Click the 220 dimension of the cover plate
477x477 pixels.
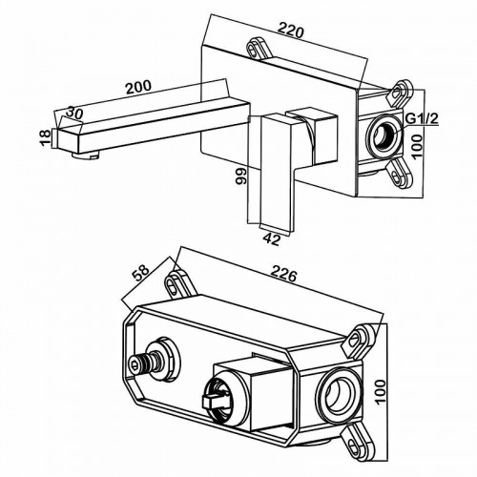coord(291,31)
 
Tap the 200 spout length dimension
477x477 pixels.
coord(138,87)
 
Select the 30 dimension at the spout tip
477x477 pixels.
coord(74,113)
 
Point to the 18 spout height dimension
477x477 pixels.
coord(46,137)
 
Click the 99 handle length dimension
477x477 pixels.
coord(240,176)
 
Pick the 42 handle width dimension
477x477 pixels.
coord(271,238)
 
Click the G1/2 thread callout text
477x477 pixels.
coord(423,119)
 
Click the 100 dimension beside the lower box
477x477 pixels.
coord(380,391)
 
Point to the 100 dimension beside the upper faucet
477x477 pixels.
coord(417,146)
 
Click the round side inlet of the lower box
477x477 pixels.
coord(339,392)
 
